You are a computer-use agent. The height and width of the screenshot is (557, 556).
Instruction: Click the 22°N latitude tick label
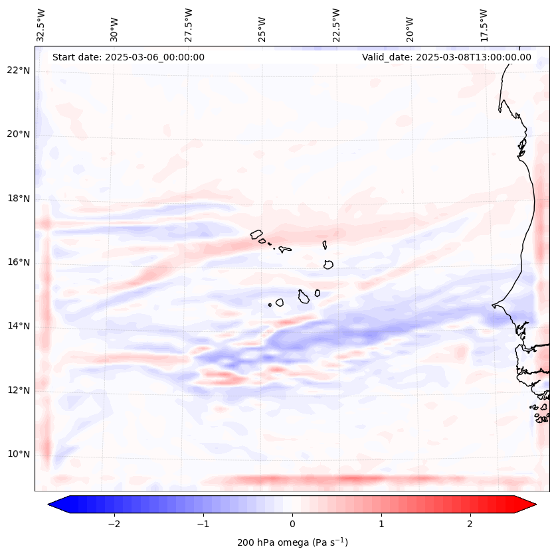19,70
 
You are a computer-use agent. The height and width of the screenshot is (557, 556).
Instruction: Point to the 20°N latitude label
19,134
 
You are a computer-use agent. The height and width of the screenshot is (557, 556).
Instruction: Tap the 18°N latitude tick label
19,199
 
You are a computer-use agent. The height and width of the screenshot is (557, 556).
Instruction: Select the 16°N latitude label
19,262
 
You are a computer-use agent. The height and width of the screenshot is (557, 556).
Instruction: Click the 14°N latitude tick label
19,326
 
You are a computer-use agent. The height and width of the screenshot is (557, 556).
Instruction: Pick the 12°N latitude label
19,390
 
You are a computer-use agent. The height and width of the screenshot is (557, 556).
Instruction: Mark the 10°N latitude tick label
19,454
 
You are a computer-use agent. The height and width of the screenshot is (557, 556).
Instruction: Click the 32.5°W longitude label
41,25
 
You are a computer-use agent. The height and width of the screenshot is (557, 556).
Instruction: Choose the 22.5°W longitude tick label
336,25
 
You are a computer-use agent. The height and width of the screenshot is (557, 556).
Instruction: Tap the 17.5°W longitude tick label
484,25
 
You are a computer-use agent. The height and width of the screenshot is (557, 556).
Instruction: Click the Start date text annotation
128,57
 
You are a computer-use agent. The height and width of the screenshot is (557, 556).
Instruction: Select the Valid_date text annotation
446,57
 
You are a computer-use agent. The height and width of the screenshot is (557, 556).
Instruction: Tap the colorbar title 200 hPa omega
292,542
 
